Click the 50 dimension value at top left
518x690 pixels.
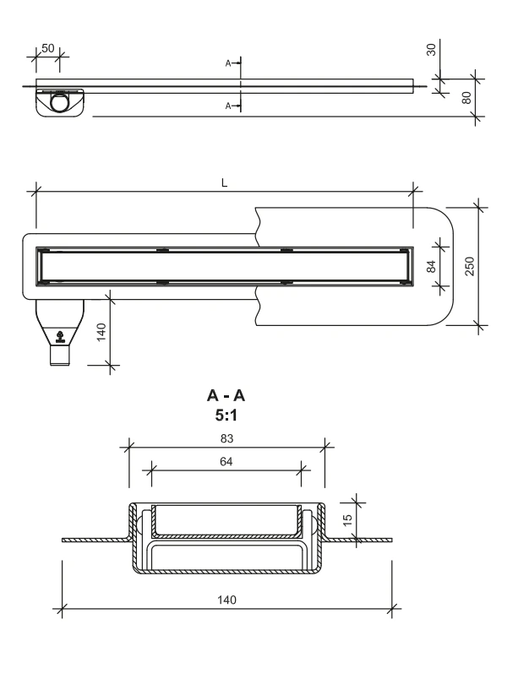tap(47, 48)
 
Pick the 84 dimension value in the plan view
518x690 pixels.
tap(431, 267)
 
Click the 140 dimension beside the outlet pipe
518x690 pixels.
tap(101, 330)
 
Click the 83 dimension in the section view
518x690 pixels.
tap(226, 439)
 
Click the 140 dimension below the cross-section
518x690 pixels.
tap(226, 599)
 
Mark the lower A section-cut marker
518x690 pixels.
tap(228, 106)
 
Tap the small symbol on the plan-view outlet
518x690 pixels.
tap(59, 336)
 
